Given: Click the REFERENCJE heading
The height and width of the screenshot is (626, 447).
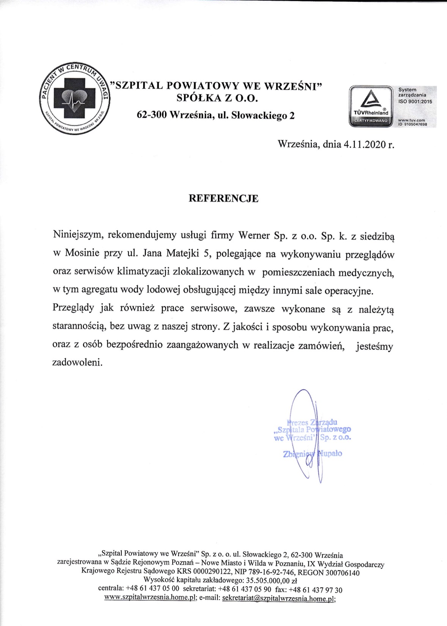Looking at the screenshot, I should coord(223,199).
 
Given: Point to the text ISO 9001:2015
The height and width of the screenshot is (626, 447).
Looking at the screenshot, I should coord(415,101).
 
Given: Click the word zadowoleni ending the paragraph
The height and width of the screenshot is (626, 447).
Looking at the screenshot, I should coord(77,362).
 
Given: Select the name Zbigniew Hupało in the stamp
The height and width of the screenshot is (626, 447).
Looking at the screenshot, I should coord(312,453).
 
